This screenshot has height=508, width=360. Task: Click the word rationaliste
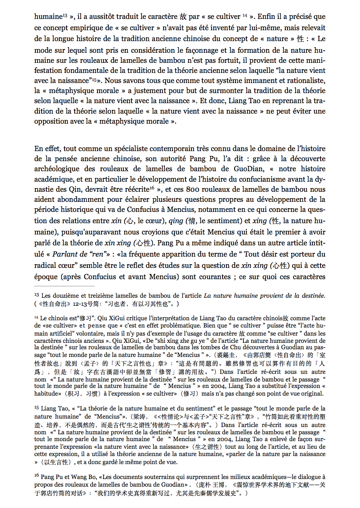coord(302,81)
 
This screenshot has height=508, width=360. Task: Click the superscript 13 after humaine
coord(65,15)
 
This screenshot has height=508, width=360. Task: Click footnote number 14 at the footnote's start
coord(36,317)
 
